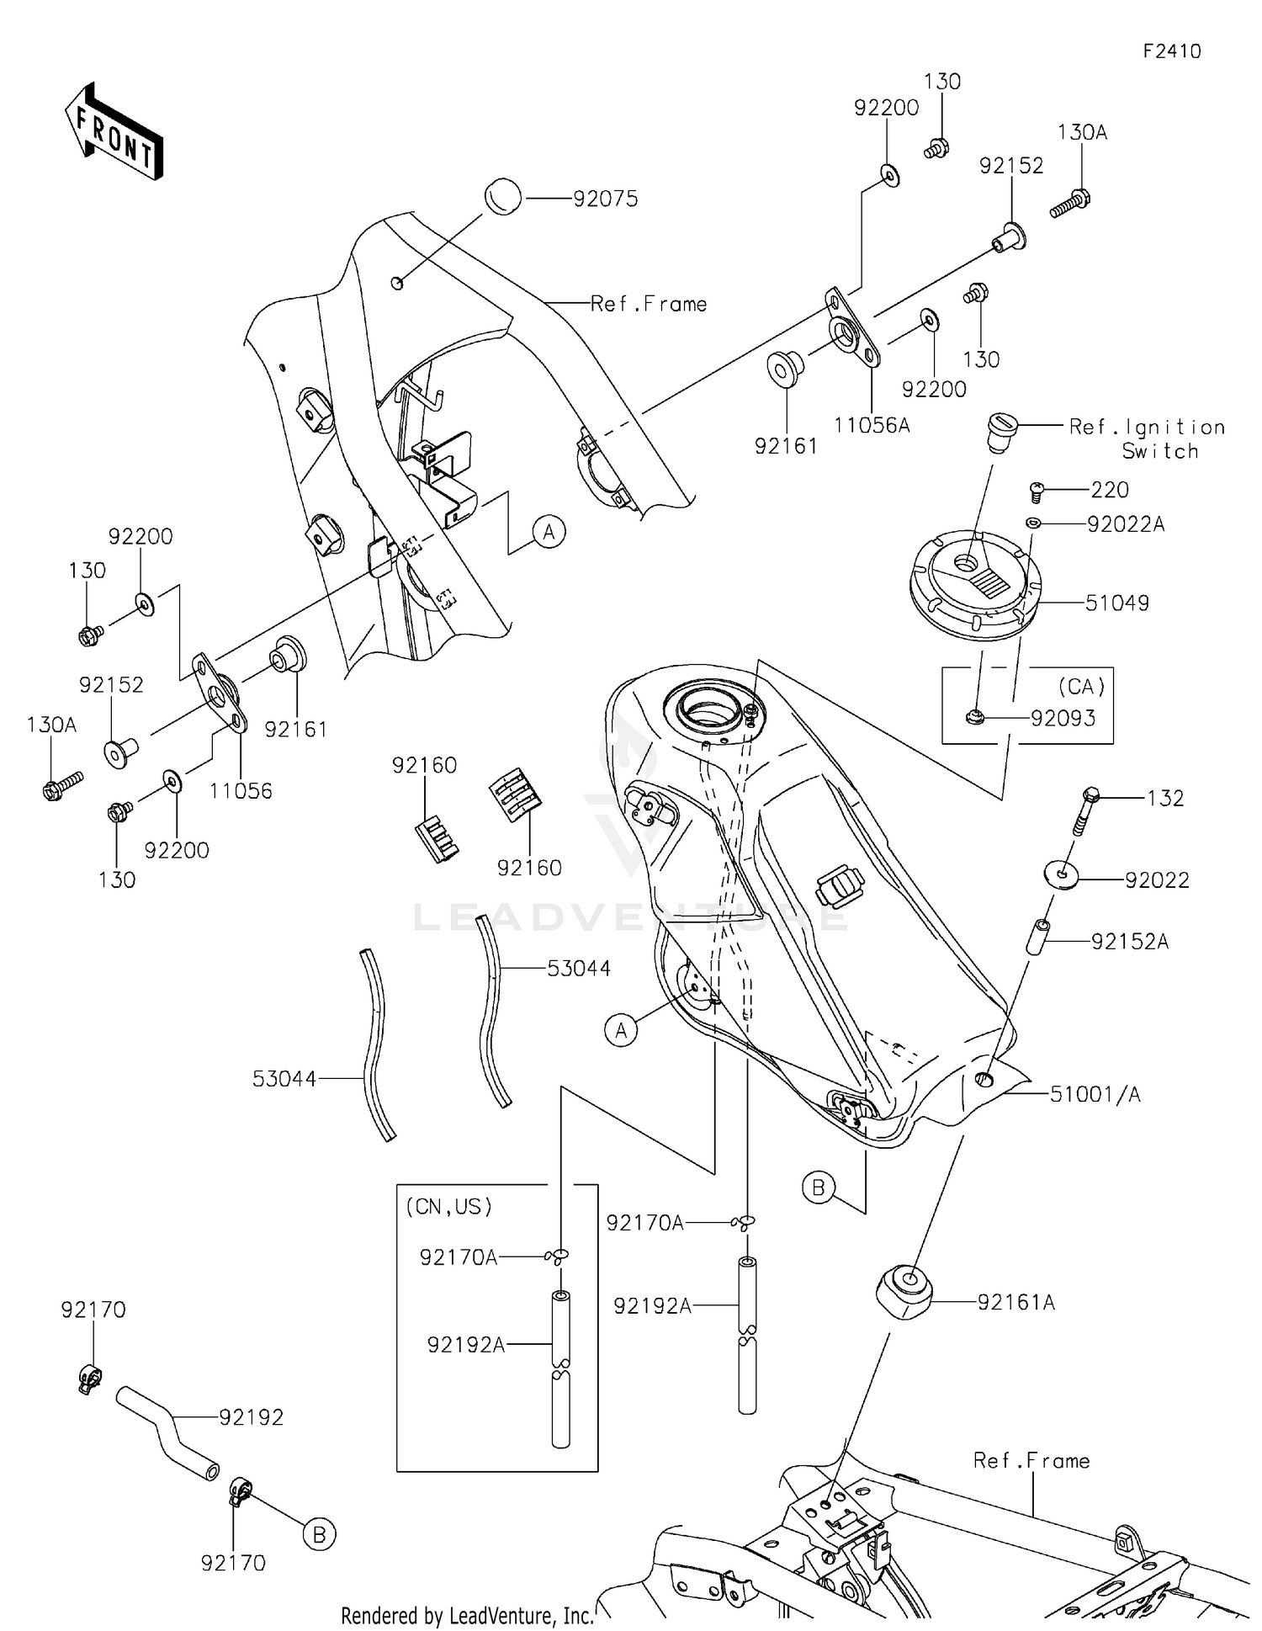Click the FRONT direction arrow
coord(114,133)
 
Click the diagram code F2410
coord(1171,51)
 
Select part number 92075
coord(605,199)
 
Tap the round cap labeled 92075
coord(503,197)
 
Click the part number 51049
coord(1116,603)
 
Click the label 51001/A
coord(1095,1094)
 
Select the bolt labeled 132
coord(1087,809)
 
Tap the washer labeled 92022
coord(1065,874)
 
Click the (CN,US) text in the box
coord(448,1206)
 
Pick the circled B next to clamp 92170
coord(319,1535)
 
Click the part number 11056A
coord(872,426)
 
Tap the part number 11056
coord(241,791)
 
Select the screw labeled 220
coord(1037,491)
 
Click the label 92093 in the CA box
coord(1063,718)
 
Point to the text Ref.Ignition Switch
coord(1147,438)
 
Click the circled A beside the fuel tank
coord(621,1030)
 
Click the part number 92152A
coord(1130,942)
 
